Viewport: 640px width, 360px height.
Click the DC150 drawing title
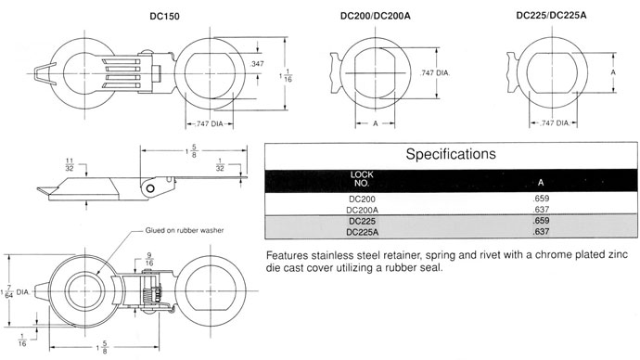pos(164,17)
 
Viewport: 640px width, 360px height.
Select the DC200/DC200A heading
pos(376,16)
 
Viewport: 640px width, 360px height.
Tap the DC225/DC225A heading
pos(551,16)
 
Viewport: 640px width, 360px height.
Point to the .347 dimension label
pos(257,64)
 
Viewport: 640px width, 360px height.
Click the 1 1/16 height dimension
pos(286,75)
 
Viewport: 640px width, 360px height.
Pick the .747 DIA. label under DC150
pos(210,123)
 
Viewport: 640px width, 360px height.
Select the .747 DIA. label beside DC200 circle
pos(435,73)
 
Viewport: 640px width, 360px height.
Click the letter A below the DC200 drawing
pos(376,123)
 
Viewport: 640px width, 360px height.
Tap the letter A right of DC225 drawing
pos(613,72)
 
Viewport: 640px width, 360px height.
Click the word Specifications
pos(451,154)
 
